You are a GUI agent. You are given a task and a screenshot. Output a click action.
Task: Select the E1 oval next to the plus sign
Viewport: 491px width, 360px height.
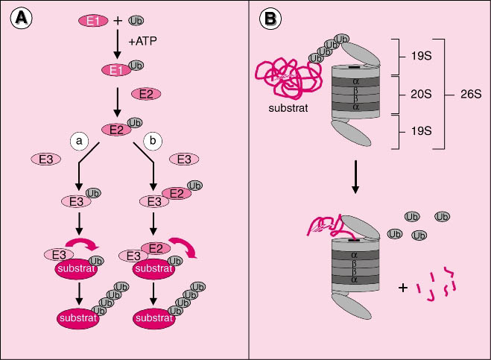point(92,21)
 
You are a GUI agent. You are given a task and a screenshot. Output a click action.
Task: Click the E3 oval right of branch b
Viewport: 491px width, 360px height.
point(183,159)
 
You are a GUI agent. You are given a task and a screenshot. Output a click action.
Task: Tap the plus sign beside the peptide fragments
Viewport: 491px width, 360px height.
point(403,285)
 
